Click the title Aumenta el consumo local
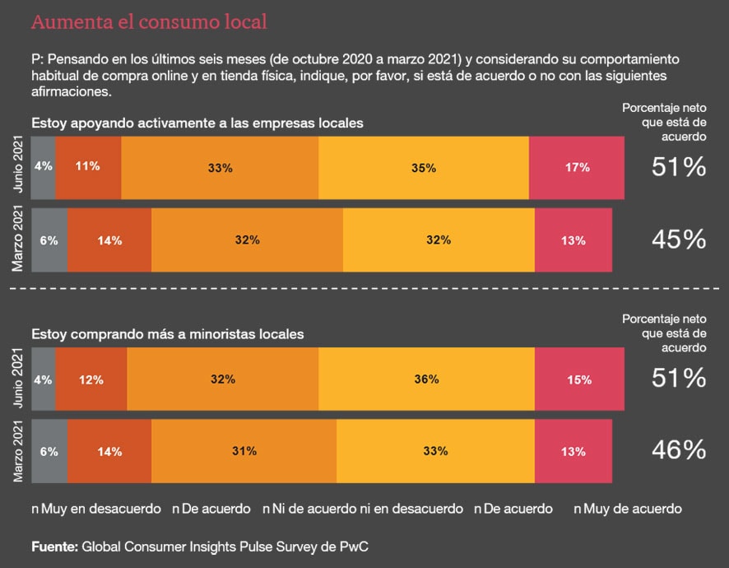pyautogui.click(x=149, y=21)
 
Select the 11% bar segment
pyautogui.click(x=88, y=166)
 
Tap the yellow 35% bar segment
pyautogui.click(x=423, y=166)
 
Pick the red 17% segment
pyautogui.click(x=576, y=166)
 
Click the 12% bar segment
pyautogui.click(x=91, y=379)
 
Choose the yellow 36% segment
pyautogui.click(x=425, y=379)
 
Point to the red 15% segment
pyautogui.click(x=579, y=379)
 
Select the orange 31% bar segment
pyautogui.click(x=244, y=451)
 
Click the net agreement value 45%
pyautogui.click(x=679, y=240)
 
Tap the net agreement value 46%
pyautogui.click(x=679, y=450)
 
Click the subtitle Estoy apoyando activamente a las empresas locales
pyautogui.click(x=197, y=123)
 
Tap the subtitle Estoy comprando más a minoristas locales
pyautogui.click(x=168, y=334)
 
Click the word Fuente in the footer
pyautogui.click(x=54, y=546)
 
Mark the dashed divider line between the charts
pyautogui.click(x=364, y=288)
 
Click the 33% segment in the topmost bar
pyautogui.click(x=220, y=166)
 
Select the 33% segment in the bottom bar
pyautogui.click(x=435, y=451)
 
